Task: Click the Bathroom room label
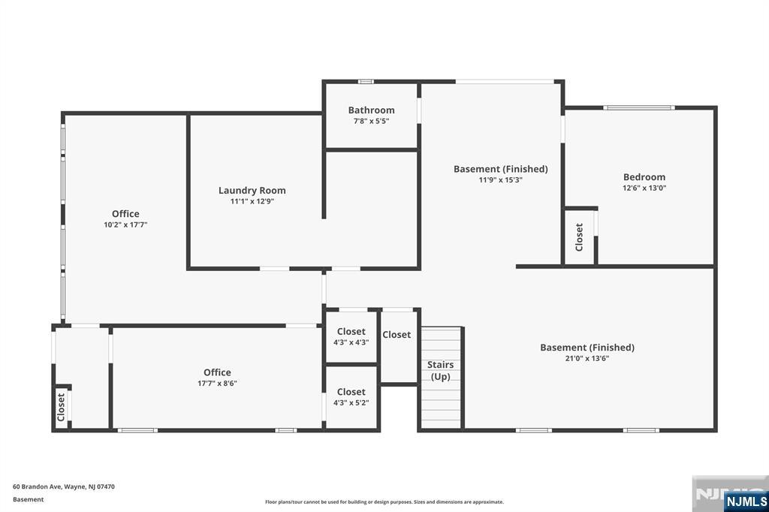371,110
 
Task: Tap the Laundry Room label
252,190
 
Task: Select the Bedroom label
644,177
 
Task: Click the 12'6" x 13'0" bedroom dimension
644,188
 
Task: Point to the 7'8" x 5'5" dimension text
371,121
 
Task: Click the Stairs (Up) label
440,371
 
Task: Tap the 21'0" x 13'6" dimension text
587,359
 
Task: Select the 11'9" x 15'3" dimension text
501,180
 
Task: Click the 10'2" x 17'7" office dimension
125,225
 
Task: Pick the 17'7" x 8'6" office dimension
217,384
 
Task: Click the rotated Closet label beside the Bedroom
579,237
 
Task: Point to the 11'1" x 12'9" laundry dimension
252,201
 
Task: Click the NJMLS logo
746,501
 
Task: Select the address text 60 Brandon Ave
37,487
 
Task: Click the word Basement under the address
28,500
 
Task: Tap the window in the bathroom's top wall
366,81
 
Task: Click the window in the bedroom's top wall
638,107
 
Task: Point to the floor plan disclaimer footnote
384,502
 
